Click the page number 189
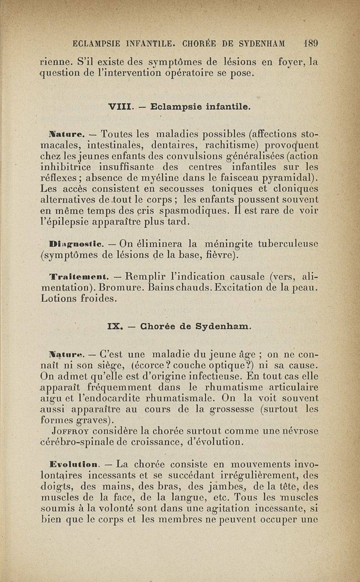coord(310,44)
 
